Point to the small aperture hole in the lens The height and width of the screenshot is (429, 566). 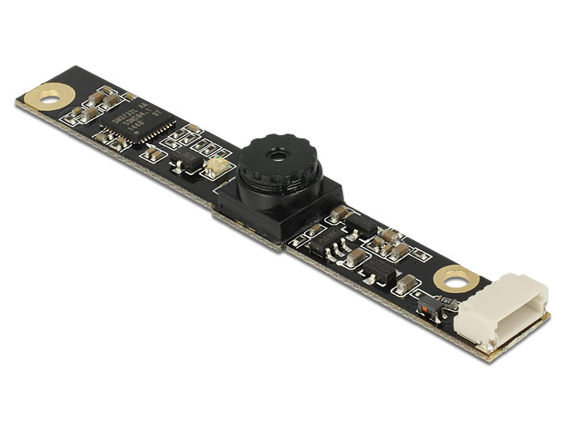(x=280, y=151)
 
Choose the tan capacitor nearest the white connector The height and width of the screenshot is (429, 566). (x=408, y=282)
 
